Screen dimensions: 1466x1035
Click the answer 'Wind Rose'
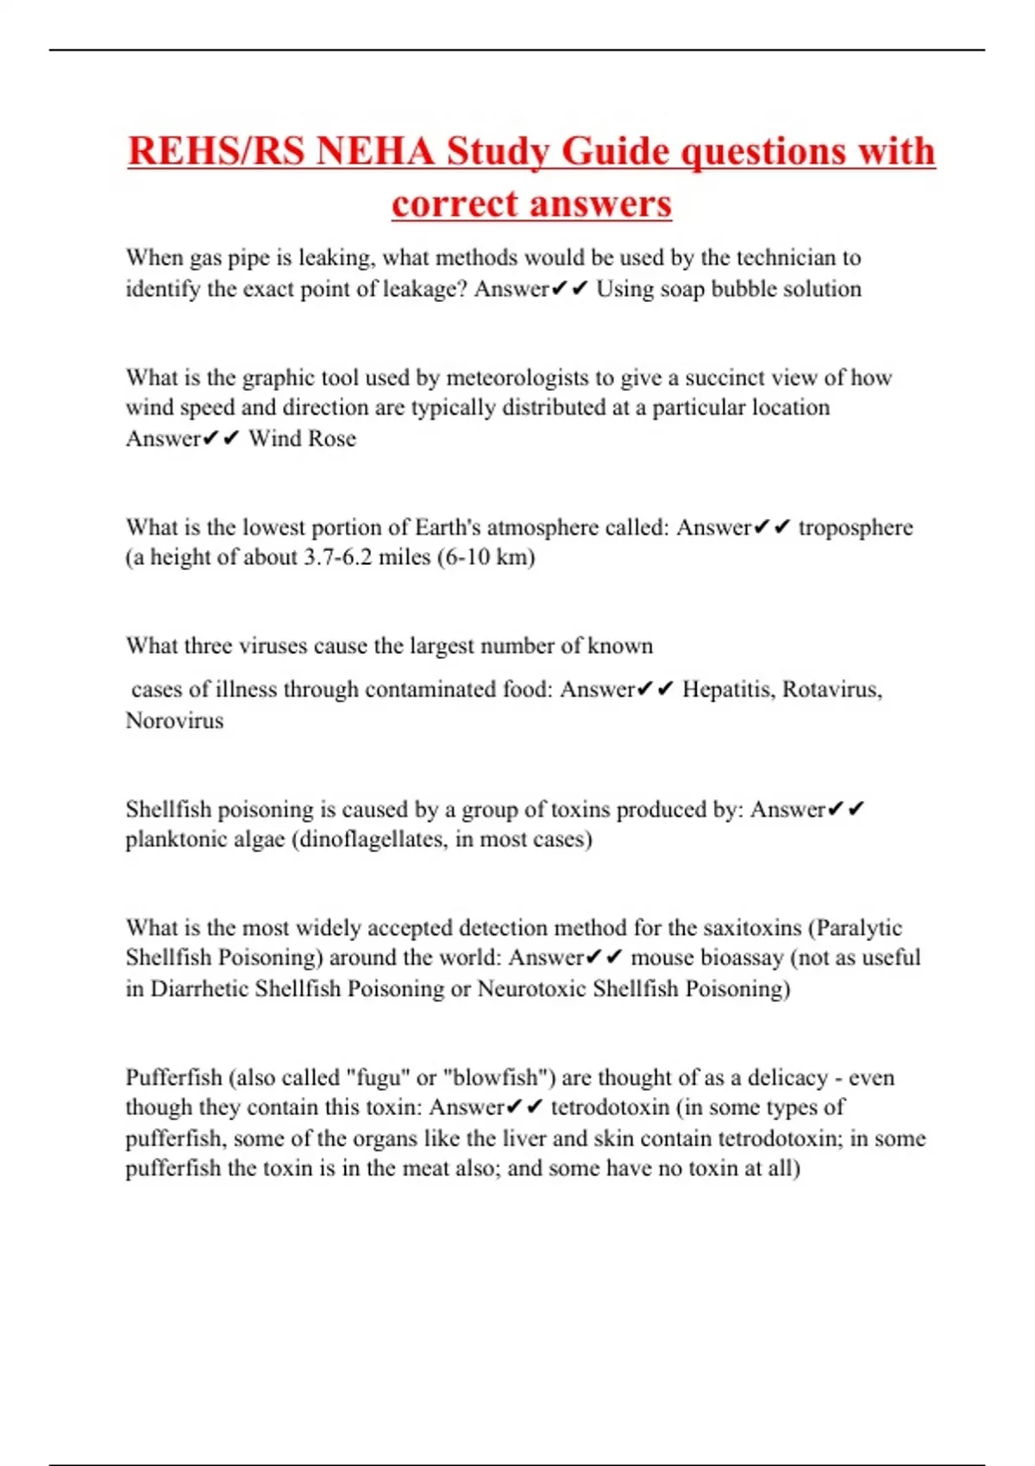[302, 439]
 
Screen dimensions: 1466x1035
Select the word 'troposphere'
[856, 527]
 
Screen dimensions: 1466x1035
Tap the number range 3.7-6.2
[337, 557]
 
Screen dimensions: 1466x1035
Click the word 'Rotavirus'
[831, 690]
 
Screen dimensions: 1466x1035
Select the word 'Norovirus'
[174, 720]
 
